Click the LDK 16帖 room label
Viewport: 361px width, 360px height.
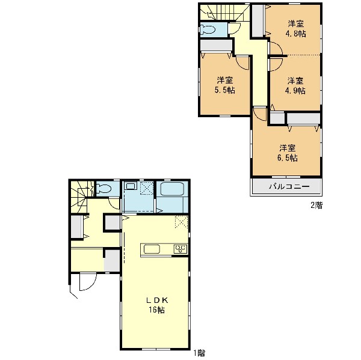pos(156,305)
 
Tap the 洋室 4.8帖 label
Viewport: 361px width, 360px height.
pos(295,29)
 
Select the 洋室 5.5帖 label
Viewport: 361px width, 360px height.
pos(224,85)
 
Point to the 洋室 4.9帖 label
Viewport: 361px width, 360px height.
pos(295,85)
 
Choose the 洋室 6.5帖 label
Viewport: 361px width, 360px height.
pos(288,153)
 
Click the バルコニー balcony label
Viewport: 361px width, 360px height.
pos(289,186)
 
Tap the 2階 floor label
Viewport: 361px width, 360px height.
pos(316,205)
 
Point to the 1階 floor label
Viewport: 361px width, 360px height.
pos(199,353)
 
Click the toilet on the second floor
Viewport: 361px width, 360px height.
pos(208,29)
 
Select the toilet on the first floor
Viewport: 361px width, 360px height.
pos(103,189)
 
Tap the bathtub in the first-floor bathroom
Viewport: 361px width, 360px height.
pos(172,189)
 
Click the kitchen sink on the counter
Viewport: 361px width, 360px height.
pos(152,249)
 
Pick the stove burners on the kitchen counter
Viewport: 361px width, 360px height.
pos(180,249)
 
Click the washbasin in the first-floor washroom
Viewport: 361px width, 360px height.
pos(131,185)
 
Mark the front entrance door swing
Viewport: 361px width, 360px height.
pos(87,281)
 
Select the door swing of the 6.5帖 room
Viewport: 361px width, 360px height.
pos(260,114)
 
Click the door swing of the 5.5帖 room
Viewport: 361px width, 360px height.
pos(242,63)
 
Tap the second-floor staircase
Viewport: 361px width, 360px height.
pos(224,12)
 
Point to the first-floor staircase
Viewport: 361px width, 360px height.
pos(79,197)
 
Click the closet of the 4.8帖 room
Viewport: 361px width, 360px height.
pos(258,20)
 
